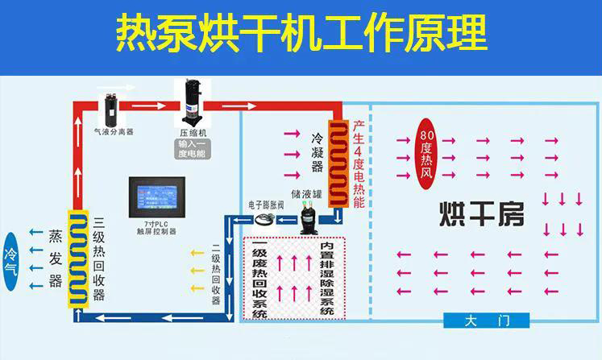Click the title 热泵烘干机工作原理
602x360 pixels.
301,34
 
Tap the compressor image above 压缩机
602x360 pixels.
193,101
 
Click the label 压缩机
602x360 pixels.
193,132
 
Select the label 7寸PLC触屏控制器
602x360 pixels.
156,228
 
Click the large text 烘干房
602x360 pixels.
481,213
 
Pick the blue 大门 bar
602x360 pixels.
488,321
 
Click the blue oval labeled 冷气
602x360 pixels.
11,258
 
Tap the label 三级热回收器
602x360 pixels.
99,259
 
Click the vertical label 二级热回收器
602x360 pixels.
216,275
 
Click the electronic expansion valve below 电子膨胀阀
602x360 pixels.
266,218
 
